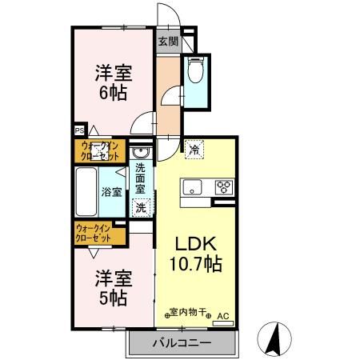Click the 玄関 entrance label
[x=166, y=42]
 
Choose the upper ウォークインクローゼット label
[x=99, y=150]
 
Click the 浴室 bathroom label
[x=112, y=192]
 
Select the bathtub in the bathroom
[x=86, y=192]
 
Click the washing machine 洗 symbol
[x=141, y=207]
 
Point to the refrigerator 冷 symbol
[x=194, y=149]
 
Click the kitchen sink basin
[x=193, y=189]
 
